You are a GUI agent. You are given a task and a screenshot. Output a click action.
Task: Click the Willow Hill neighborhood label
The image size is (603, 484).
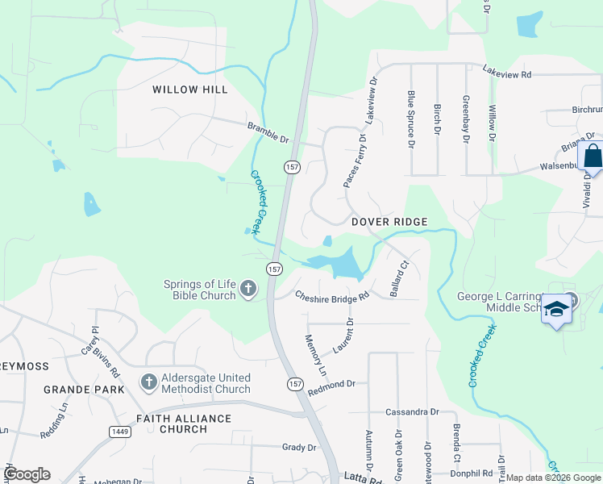coord(190,90)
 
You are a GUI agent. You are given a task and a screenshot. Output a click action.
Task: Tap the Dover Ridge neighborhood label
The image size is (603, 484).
coord(389,222)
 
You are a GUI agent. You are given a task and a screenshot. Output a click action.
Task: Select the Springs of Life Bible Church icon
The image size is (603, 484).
coord(248,288)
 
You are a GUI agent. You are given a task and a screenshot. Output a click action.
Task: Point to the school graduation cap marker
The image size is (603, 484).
coord(556,309)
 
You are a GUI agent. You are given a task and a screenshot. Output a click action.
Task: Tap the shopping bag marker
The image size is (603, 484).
coord(593,156)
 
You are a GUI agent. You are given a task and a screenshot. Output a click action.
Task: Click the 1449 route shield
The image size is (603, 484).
coord(117,432)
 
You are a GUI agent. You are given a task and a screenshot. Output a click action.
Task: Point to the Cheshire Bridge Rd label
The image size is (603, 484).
coord(331,296)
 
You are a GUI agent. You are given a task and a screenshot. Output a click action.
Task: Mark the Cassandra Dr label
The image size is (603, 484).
coord(411,411)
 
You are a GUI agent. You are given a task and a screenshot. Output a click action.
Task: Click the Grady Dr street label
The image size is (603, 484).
coord(299,447)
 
